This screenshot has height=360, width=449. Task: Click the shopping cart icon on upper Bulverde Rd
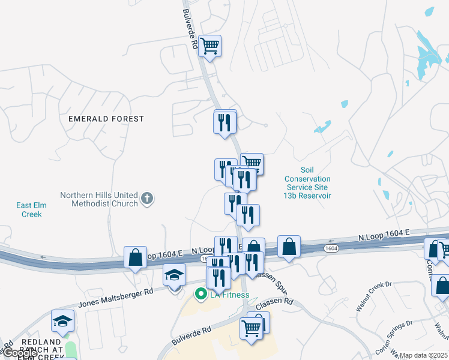click(209, 45)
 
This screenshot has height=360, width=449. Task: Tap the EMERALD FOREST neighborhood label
click(106, 119)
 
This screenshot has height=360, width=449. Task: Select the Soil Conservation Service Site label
click(307, 183)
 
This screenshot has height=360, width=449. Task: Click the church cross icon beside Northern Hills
click(147, 199)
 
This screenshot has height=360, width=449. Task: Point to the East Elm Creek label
click(31, 210)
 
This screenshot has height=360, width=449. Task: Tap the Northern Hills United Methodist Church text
click(99, 199)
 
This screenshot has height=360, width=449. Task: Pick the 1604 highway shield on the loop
click(331, 248)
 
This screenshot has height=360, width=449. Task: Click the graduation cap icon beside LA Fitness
click(175, 275)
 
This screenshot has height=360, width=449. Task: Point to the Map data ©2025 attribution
click(423, 355)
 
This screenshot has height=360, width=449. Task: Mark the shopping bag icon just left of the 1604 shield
click(289, 246)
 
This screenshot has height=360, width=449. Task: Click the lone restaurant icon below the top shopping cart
click(224, 122)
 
